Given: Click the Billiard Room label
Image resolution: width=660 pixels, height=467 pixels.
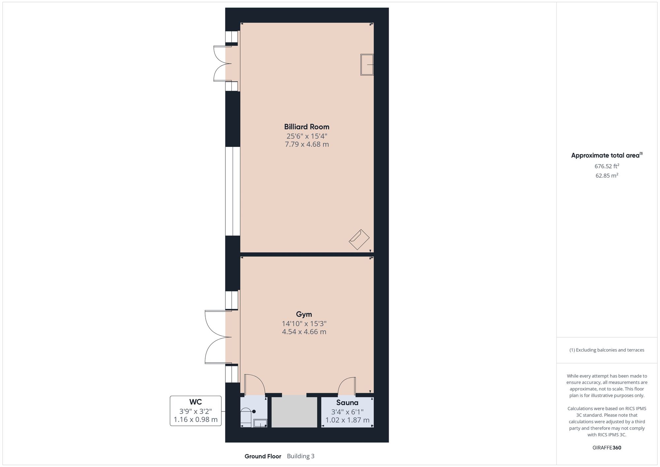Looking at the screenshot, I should [307, 127].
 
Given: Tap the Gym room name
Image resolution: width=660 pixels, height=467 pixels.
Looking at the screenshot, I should [304, 314].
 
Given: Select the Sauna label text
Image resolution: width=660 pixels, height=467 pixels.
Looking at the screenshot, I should [347, 403].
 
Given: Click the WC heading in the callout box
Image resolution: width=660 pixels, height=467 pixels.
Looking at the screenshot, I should [195, 402].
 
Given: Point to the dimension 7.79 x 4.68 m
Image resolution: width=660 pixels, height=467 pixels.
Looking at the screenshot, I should [307, 144].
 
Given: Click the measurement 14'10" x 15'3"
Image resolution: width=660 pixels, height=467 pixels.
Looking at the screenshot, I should [304, 323].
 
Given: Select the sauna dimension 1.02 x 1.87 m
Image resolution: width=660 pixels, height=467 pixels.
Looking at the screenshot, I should [347, 420].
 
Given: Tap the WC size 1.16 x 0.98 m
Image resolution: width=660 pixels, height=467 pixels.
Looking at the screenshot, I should [195, 420].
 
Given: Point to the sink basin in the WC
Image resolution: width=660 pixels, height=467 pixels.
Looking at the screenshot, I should [260, 423].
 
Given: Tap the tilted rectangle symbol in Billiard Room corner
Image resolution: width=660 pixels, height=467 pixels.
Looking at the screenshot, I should [359, 240].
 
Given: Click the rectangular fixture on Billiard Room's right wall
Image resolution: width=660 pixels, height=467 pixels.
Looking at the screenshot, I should [367, 65].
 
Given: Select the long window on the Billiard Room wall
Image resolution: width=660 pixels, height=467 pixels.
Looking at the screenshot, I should [233, 191].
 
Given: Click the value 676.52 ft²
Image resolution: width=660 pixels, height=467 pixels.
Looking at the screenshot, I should [607, 166].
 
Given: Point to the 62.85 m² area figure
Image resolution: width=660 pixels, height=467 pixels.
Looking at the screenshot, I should [607, 176].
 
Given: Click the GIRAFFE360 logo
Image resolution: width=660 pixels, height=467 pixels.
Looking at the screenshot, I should [607, 448].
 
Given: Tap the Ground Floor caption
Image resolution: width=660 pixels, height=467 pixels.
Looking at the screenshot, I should [263, 456].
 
